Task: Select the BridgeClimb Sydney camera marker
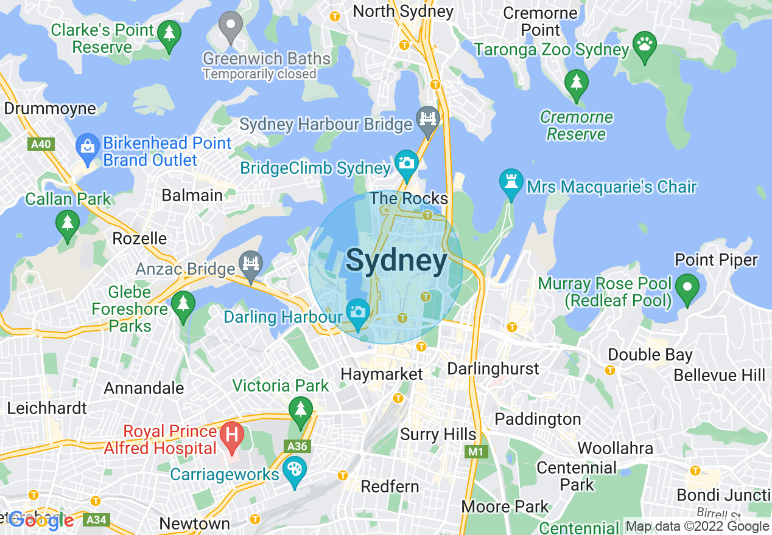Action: click(406, 162)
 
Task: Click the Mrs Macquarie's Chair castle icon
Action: click(511, 181)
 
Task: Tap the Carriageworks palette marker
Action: click(295, 469)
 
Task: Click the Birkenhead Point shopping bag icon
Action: click(88, 147)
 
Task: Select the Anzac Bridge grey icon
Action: click(250, 263)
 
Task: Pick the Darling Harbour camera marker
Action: click(357, 312)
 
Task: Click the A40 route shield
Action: click(41, 144)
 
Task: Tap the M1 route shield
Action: click(474, 452)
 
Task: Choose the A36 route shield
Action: click(297, 446)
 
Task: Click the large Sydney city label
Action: click(396, 261)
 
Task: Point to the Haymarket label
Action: click(382, 374)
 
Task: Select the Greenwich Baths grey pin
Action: click(231, 25)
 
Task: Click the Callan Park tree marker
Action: click(68, 223)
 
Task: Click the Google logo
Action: click(41, 520)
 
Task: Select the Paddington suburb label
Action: click(538, 419)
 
